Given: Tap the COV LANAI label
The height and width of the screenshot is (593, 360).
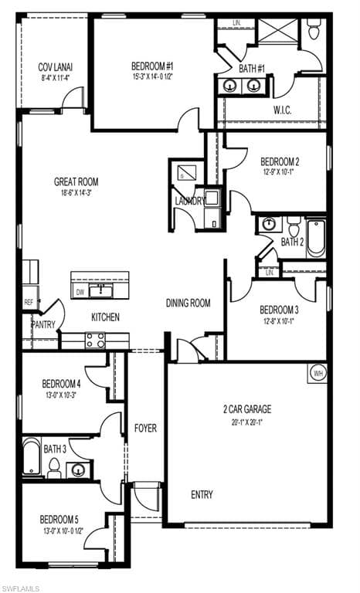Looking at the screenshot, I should coord(56,67).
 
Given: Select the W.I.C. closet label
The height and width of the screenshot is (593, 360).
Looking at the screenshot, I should coord(282,110).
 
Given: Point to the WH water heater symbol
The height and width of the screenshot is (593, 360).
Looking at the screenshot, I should coord(318,373).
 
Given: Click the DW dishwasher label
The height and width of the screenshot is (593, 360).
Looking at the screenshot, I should coord(80,293).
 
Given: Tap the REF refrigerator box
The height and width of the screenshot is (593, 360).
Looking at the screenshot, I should coord(29,303).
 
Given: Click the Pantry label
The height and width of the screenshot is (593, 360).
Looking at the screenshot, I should coord(43,325).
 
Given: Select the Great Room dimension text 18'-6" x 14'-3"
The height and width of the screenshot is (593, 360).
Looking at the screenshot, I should coord(76,194).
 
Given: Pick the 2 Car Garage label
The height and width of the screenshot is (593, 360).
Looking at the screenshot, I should coord(247,409).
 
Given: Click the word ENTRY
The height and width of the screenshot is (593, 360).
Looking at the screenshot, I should coord(202,494).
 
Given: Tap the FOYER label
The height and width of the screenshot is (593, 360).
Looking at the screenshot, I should coord(146,427).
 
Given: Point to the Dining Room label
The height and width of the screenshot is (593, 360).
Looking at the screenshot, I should coord(188,303).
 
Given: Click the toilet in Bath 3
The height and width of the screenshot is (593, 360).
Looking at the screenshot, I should coord(55,467).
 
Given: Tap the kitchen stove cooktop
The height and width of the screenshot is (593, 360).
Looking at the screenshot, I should coord(96,341).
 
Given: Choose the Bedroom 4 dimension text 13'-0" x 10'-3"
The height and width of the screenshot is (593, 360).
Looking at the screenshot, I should coord(61,395).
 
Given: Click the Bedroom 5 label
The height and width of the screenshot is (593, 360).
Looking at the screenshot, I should coord(61,520).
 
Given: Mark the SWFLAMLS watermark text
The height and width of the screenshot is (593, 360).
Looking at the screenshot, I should coord(22,588).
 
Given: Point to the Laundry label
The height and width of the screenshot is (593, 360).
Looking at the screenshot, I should coord(190,202).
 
